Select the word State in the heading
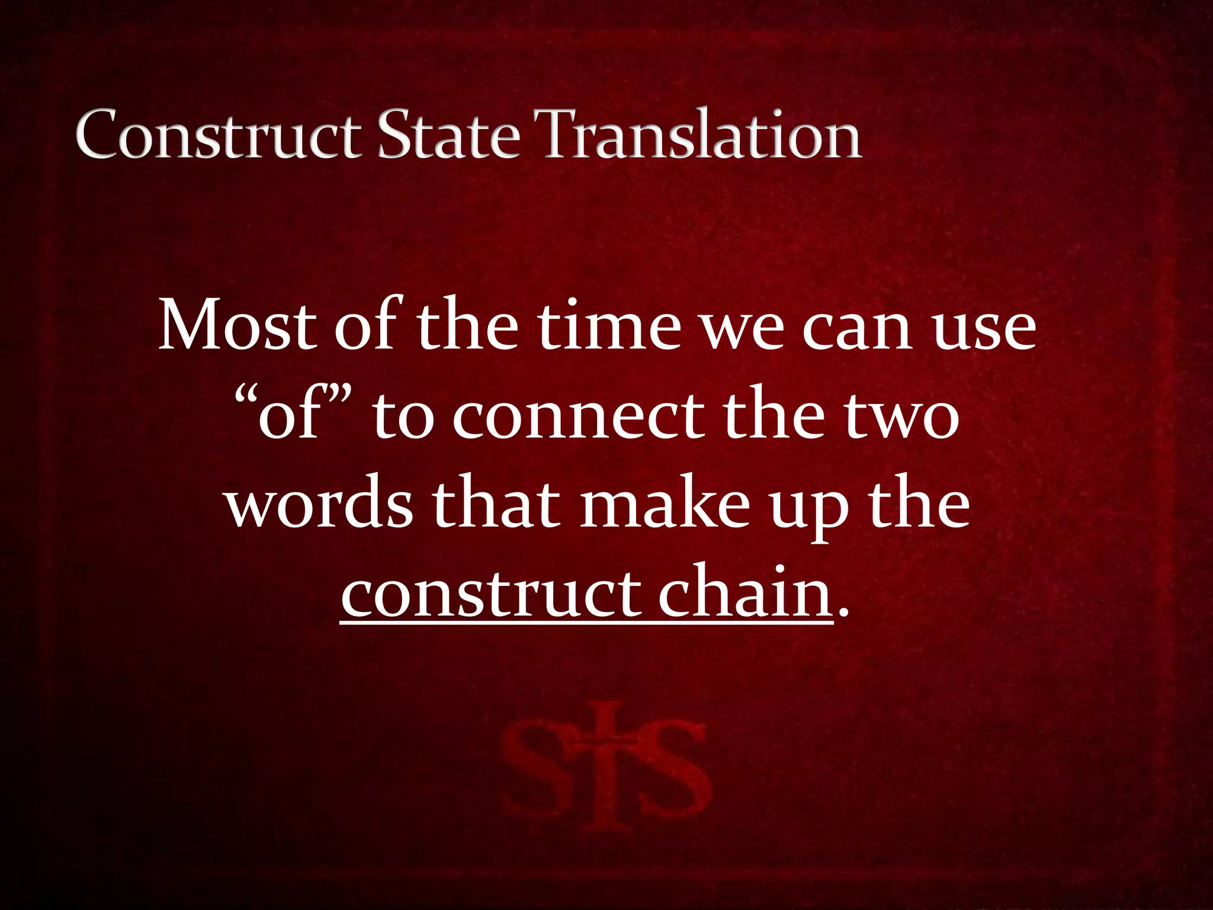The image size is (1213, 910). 449,135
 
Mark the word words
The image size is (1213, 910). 319,505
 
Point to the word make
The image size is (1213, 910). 664,505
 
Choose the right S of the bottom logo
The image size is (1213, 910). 673,770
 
